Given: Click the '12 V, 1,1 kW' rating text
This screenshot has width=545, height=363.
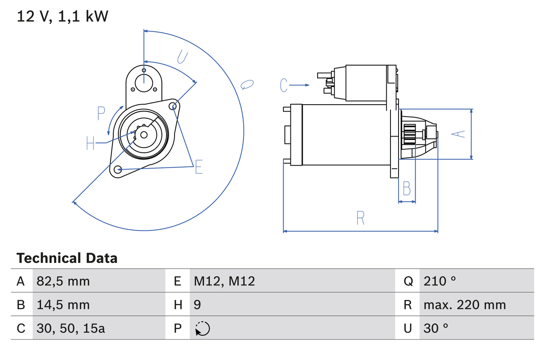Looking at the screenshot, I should (63, 17).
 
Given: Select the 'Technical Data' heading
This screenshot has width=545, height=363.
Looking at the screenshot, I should (67, 258).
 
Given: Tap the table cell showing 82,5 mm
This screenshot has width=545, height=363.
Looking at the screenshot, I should (63, 281).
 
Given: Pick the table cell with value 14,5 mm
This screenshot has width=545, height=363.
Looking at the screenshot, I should (63, 305).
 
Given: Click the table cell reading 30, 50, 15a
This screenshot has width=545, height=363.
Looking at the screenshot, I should (71, 328).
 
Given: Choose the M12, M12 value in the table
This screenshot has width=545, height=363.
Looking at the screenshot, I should (224, 281).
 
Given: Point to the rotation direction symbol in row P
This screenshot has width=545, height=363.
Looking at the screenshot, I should (202, 329).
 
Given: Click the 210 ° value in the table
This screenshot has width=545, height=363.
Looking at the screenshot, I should (439, 281).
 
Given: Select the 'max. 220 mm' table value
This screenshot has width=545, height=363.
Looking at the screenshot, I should (465, 305).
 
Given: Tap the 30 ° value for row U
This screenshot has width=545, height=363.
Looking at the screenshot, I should (436, 328).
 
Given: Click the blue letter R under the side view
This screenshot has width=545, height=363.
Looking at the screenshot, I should (360, 218).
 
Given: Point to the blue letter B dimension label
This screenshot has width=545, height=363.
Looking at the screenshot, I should (407, 188).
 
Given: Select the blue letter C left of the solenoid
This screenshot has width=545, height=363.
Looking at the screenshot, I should (284, 86).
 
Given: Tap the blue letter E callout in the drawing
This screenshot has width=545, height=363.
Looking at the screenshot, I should (198, 167).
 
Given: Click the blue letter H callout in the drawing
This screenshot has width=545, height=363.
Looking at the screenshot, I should (90, 143).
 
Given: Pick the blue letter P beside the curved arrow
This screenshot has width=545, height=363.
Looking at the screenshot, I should (101, 114).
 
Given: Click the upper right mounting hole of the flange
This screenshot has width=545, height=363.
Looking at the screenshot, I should (173, 106).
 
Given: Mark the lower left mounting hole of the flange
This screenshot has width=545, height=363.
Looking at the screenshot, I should (118, 169).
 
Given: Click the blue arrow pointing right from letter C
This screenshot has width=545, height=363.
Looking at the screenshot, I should (300, 86).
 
